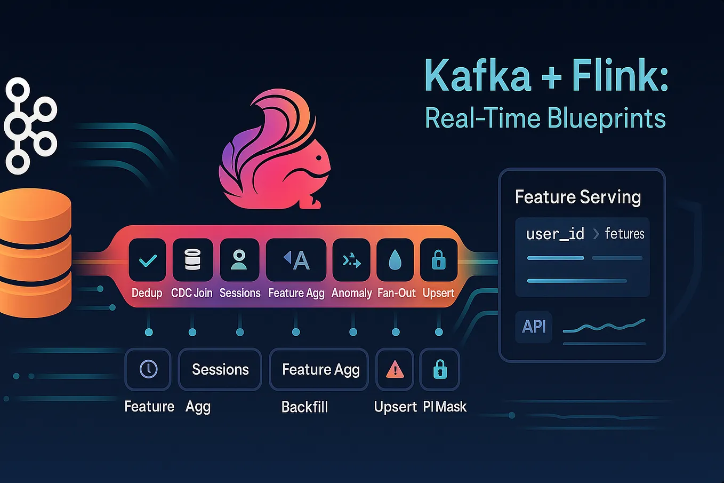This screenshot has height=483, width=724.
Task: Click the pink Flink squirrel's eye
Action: [319, 159]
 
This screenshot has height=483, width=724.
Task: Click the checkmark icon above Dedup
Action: [148, 260]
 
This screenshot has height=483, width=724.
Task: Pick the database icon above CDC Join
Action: [192, 260]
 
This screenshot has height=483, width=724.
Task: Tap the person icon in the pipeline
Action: [239, 260]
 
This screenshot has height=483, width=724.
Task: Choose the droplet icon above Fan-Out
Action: [395, 260]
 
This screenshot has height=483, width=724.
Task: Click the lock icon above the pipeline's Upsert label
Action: [439, 260]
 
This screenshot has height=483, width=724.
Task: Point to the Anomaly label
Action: [351, 293]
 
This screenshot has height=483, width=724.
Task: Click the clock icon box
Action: [148, 369]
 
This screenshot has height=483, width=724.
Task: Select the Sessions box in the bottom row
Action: [220, 369]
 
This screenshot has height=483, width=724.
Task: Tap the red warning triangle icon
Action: [395, 369]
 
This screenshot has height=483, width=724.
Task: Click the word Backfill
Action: [304, 407]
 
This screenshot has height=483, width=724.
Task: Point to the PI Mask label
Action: [445, 407]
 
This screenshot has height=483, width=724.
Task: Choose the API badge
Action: [534, 326]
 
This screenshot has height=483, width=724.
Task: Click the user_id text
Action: [555, 234]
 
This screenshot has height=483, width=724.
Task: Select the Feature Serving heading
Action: [578, 197]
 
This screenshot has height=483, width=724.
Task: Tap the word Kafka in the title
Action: [478, 76]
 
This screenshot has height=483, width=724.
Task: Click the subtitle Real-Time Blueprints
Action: [545, 118]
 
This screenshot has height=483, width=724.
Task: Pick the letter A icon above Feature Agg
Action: [296, 260]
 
